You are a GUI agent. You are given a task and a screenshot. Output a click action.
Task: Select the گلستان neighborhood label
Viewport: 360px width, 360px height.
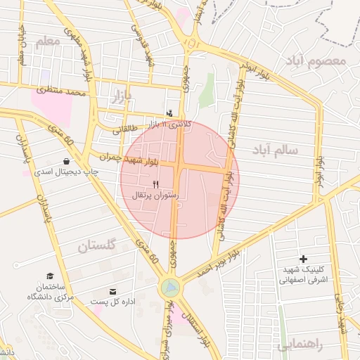point(96,245)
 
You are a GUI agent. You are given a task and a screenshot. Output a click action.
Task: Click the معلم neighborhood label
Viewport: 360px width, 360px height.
point(47,43)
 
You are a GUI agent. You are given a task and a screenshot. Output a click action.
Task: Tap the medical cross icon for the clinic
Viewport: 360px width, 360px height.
point(304,259)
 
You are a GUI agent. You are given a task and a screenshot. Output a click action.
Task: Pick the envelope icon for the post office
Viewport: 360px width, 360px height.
point(112,291)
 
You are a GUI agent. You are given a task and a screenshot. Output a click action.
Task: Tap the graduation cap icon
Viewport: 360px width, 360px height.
point(49,276)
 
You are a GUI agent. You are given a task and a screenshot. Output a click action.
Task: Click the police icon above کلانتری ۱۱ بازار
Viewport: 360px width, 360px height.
point(169,112)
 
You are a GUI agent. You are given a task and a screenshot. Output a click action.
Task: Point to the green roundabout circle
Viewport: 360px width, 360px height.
point(169,288)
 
